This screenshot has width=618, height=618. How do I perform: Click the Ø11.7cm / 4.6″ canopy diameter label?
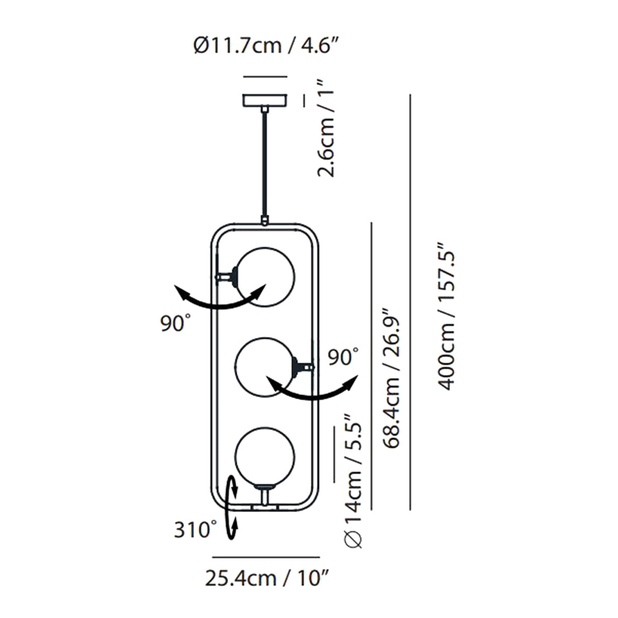266,46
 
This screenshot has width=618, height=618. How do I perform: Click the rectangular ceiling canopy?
265,100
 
